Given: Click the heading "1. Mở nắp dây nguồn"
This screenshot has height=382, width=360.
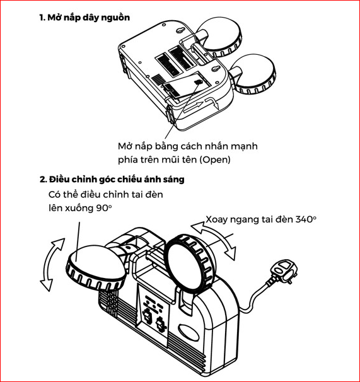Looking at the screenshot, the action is [x=84, y=18].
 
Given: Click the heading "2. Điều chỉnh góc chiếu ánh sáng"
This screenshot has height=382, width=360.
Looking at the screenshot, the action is [x=112, y=180].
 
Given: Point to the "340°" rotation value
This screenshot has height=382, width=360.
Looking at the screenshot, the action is [x=306, y=219].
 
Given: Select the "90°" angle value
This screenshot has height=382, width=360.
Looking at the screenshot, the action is [x=103, y=208].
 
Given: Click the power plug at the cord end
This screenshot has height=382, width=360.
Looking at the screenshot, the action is [x=284, y=272].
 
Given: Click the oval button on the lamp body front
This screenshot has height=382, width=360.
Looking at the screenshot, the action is [x=189, y=333].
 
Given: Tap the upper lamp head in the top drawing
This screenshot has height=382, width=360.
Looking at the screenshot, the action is [x=221, y=37].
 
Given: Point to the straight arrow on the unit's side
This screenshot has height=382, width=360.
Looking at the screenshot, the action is [x=193, y=107].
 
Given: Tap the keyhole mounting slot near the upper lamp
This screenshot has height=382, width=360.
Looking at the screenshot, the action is [x=180, y=30].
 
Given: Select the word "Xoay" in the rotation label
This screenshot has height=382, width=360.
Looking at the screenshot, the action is [x=216, y=219].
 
